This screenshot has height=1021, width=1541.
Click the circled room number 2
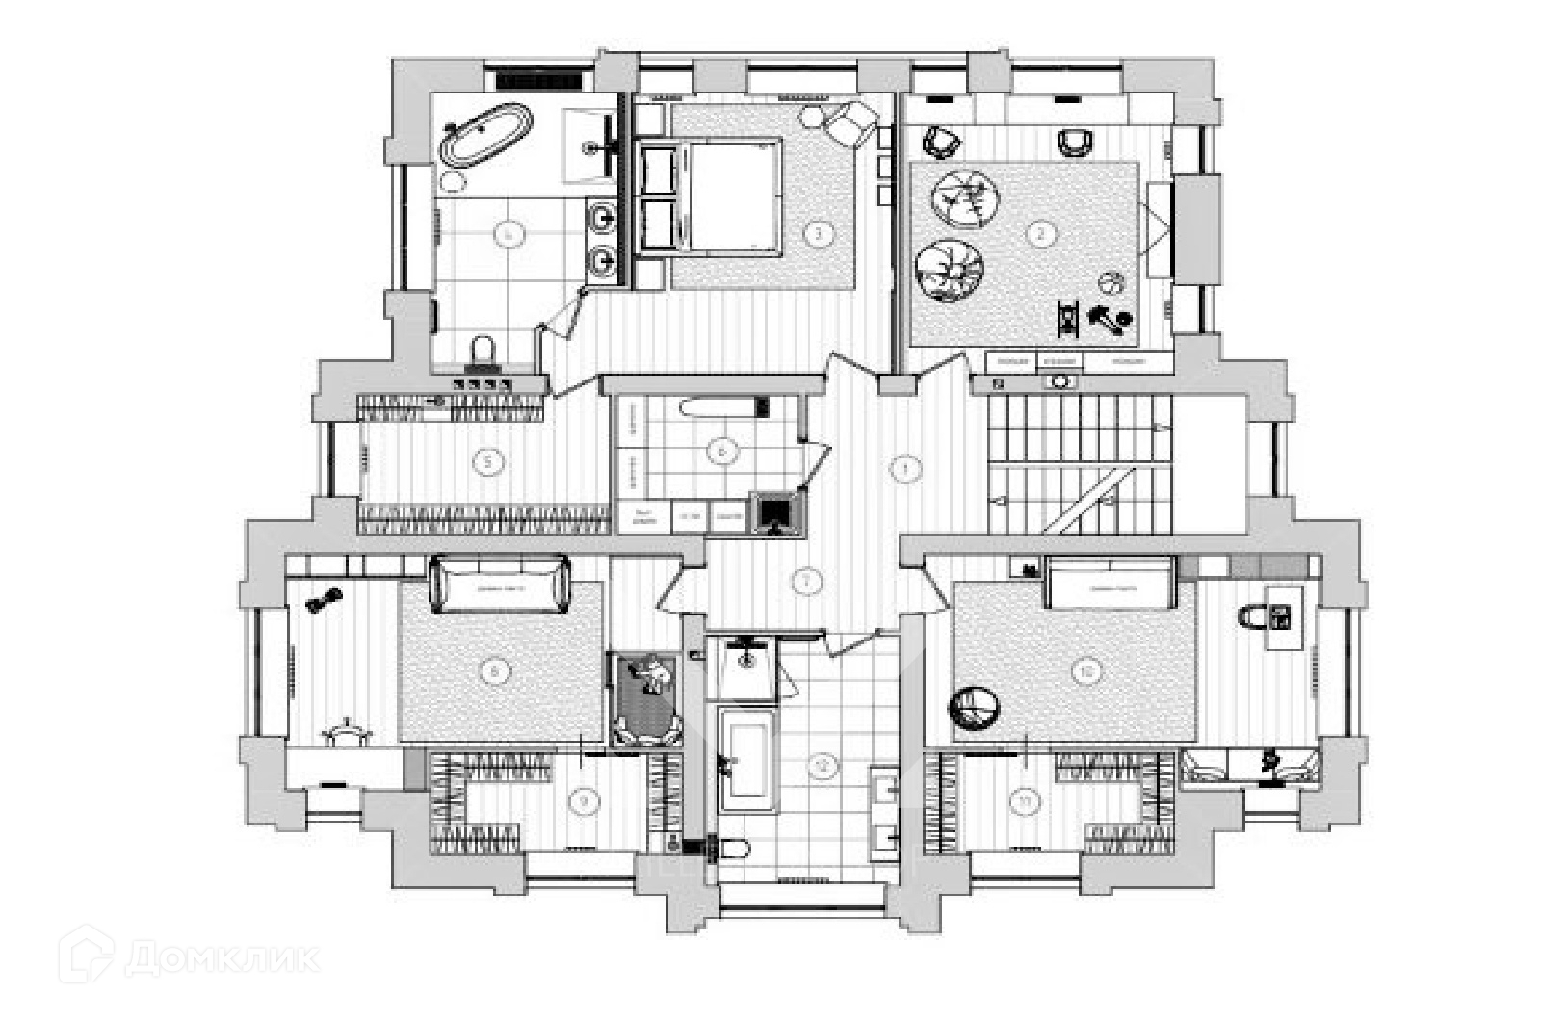pyautogui.click(x=1039, y=233)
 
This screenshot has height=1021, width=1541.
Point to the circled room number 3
pyautogui.click(x=819, y=233)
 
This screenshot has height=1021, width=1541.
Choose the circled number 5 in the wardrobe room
pyautogui.click(x=490, y=462)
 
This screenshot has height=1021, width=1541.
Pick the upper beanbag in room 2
pyautogui.click(x=963, y=198)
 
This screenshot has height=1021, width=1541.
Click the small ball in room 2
pyautogui.click(x=1110, y=282)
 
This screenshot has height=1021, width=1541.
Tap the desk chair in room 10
pyautogui.click(x=1255, y=615)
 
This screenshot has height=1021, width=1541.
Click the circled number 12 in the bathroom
pyautogui.click(x=822, y=767)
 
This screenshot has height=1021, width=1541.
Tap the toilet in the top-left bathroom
pyautogui.click(x=483, y=352)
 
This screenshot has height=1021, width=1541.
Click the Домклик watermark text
pyautogui.click(x=222, y=958)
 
